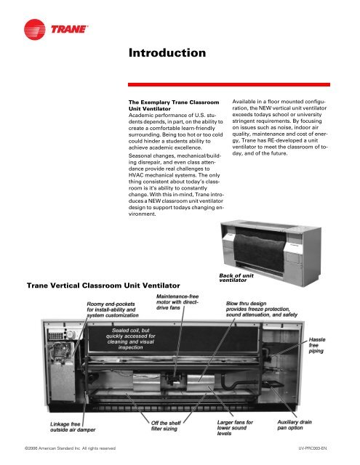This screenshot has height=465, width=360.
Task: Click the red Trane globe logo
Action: coord(35,29)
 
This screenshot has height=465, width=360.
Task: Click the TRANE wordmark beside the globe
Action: coord(69,29)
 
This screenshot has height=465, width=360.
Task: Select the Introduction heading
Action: coord(167,53)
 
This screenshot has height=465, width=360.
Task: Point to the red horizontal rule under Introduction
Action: coord(229,84)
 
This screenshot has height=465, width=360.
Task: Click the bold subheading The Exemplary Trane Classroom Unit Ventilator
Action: coord(174,105)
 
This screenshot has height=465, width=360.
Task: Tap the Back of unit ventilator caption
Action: coord(236,278)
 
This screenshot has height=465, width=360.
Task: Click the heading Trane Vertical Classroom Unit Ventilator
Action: coord(103,286)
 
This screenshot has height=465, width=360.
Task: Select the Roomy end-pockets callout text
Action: coord(113,310)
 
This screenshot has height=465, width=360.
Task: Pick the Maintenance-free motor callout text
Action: coord(177,302)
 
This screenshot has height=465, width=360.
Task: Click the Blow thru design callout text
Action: coord(262,309)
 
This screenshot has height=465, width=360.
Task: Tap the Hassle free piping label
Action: coord(317,345)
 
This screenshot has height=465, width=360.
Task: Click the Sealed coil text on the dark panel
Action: coord(131,339)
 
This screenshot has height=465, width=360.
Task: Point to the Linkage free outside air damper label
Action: coord(73,426)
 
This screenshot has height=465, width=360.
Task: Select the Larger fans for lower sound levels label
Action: coord(235,428)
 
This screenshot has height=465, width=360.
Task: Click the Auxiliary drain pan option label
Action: coord(295,424)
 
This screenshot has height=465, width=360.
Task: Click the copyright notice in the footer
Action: coord(70,448)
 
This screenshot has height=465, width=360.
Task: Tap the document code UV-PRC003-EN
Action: coord(313,448)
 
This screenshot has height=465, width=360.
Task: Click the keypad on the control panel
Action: coord(55,336)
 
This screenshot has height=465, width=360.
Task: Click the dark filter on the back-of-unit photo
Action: coord(259,248)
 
